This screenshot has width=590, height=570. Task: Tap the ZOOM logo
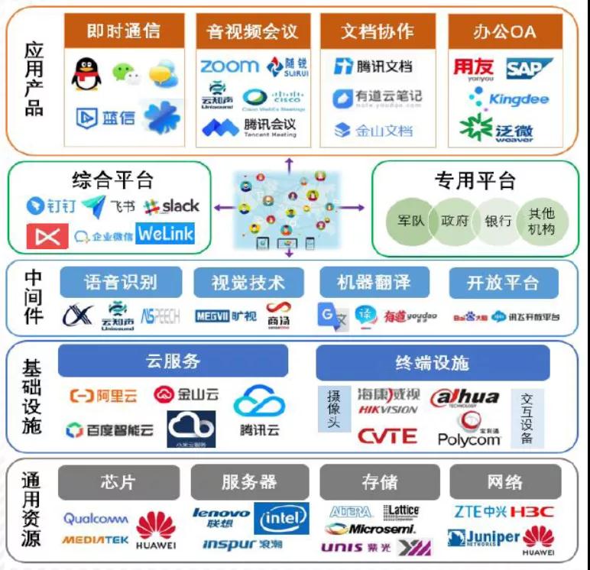[x=229, y=67]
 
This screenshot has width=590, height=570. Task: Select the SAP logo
[x=529, y=69]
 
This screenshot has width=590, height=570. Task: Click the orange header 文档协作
[x=377, y=31]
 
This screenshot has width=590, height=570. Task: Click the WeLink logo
[x=165, y=233]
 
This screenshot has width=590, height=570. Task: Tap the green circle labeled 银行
[x=498, y=221]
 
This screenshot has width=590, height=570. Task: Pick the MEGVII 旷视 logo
[x=225, y=315]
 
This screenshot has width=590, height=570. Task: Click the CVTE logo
[x=388, y=436]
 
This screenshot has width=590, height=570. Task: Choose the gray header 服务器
[x=249, y=482]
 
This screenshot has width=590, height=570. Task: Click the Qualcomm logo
[x=96, y=519]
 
